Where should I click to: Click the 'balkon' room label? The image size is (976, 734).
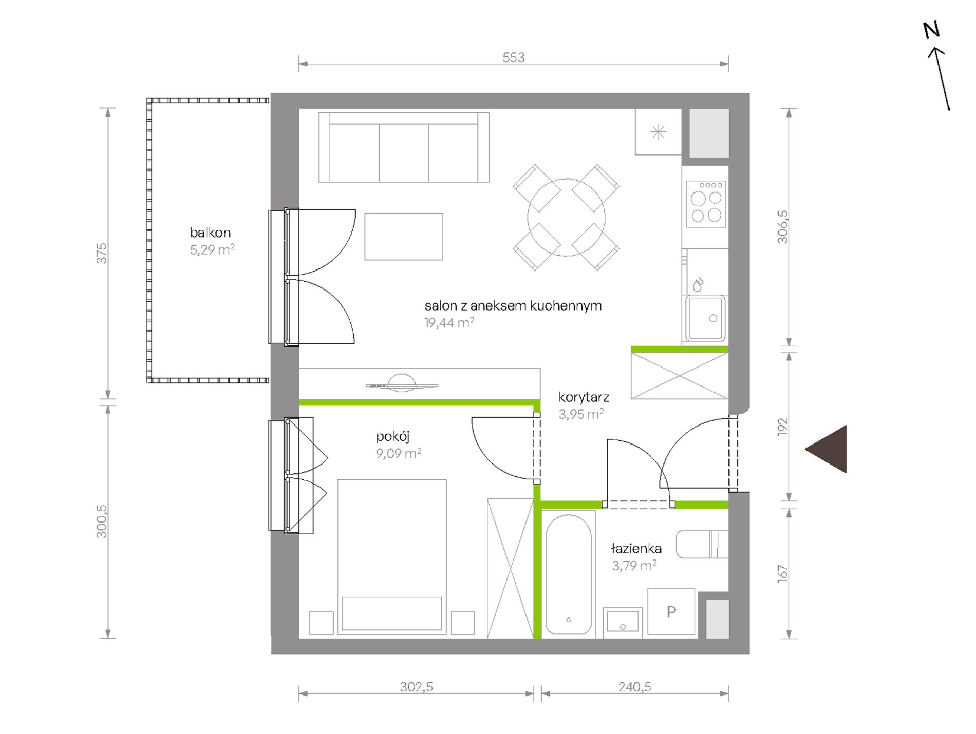pyautogui.click(x=210, y=233)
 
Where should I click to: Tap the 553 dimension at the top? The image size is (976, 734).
pyautogui.click(x=514, y=57)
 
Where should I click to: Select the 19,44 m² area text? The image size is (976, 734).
pyautogui.click(x=449, y=322)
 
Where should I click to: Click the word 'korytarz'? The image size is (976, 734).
pyautogui.click(x=584, y=397)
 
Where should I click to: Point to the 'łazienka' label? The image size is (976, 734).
pyautogui.click(x=636, y=548)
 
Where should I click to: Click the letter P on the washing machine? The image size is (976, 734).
pyautogui.click(x=671, y=612)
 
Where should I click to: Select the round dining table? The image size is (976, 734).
pyautogui.click(x=566, y=218)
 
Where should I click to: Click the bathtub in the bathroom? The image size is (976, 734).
pyautogui.click(x=568, y=575)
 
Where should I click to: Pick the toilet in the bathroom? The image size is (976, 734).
pyautogui.click(x=702, y=544)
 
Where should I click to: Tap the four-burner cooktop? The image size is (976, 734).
pyautogui.click(x=706, y=204)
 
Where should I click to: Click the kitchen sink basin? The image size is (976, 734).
pyautogui.click(x=705, y=318)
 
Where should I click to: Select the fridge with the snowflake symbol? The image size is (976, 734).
pyautogui.click(x=659, y=132)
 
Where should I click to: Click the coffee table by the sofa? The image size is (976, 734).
pyautogui.click(x=404, y=237)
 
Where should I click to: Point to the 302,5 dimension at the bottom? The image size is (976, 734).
pyautogui.click(x=417, y=687)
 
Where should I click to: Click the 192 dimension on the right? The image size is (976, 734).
pyautogui.click(x=782, y=427)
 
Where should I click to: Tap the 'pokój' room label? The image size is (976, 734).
pyautogui.click(x=393, y=437)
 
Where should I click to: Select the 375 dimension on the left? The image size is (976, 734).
pyautogui.click(x=102, y=254)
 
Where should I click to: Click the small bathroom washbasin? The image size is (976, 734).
pyautogui.click(x=623, y=622)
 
